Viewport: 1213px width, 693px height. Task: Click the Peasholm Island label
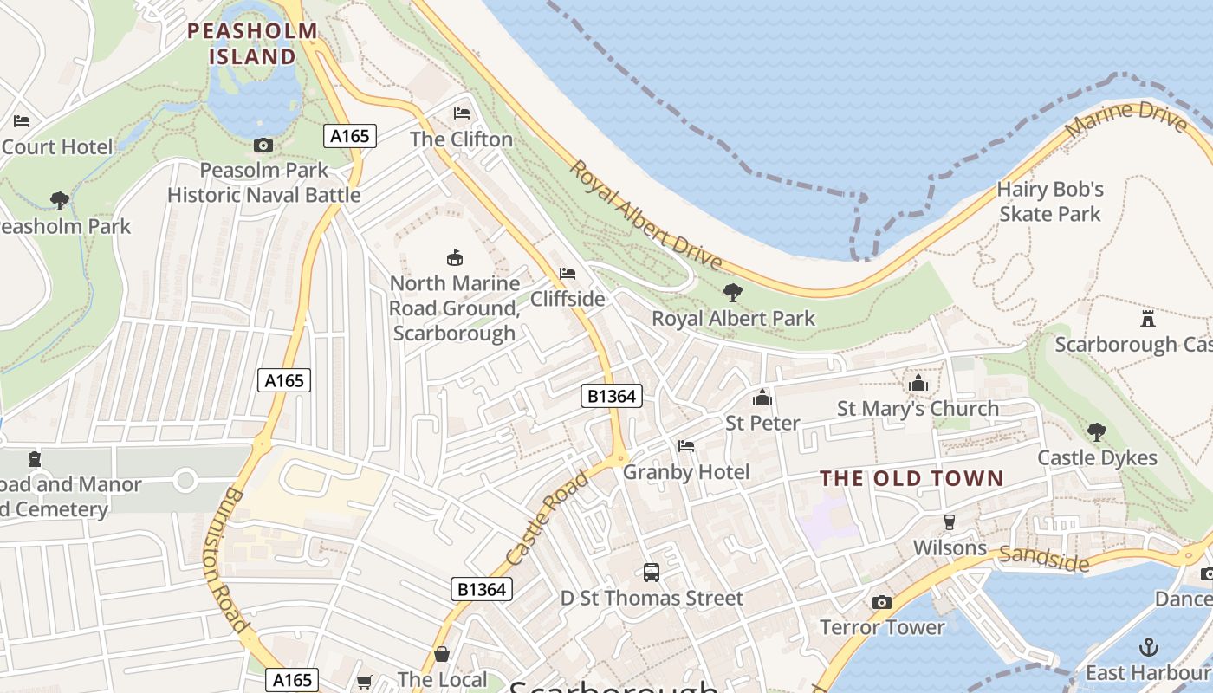point(253,44)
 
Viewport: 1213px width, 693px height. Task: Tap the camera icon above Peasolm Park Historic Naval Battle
point(263,145)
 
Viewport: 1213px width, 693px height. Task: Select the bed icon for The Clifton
point(462,113)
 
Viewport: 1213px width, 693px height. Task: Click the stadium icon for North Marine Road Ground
point(454,257)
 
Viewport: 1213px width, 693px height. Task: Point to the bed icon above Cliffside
point(568,274)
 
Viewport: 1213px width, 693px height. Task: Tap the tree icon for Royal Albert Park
point(733,293)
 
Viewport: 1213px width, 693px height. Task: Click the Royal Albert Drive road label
point(645,214)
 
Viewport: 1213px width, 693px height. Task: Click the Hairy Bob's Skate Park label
point(1049,201)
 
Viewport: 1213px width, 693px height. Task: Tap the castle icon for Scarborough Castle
point(1148,318)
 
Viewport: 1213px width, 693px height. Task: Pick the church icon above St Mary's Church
point(918,383)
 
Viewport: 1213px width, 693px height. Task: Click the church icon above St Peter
point(762,398)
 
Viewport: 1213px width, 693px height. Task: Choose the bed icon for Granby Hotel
point(686,446)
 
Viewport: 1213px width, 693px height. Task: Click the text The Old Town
point(911,478)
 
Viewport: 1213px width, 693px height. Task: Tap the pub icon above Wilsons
point(950,521)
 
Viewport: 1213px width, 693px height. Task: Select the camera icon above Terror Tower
point(882,602)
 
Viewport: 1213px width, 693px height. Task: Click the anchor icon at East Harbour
point(1148,646)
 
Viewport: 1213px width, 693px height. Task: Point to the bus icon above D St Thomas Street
point(652,572)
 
